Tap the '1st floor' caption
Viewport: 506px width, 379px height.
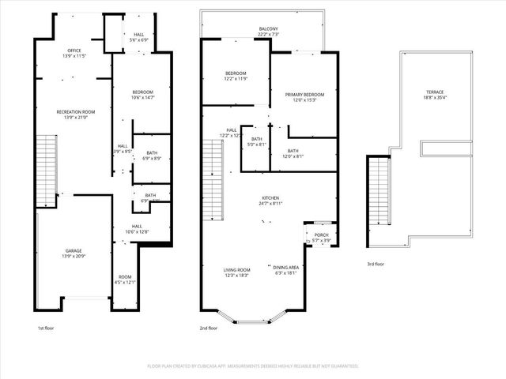(47, 328)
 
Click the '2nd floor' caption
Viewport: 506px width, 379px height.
(209, 328)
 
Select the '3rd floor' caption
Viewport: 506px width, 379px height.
(376, 264)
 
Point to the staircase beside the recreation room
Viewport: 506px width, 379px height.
(48, 167)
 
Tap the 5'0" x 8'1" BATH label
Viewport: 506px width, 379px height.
(256, 142)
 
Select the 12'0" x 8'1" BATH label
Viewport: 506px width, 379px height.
(293, 153)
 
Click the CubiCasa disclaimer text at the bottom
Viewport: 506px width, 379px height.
(253, 366)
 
